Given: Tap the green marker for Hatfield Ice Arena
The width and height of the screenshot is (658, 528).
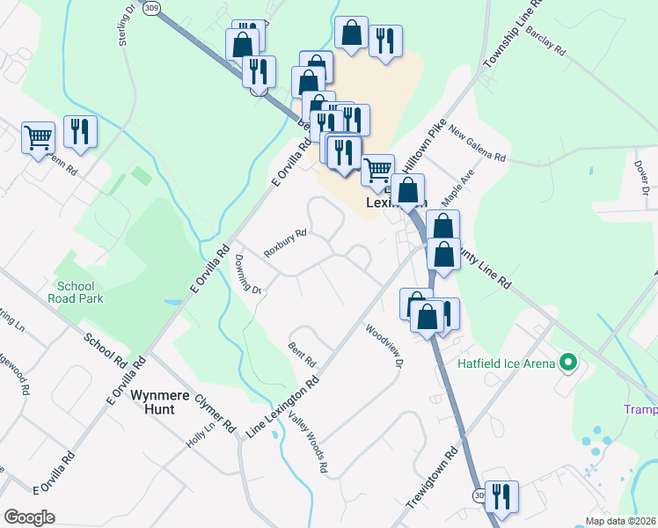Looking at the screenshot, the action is coord(567,363).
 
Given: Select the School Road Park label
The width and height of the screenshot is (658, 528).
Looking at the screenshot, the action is coord(80,292).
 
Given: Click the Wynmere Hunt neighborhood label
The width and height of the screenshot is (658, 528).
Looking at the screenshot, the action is coord(160,402).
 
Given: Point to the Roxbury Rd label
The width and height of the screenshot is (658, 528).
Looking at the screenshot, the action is coord(285,244).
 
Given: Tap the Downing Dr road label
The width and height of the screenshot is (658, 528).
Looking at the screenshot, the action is coord(248,274).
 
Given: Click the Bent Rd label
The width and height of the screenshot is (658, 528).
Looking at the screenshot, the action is coord(302,355).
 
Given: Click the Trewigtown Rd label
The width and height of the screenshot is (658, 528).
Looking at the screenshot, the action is coord(434,478).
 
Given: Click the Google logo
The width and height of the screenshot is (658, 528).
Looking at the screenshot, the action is coord(29,517).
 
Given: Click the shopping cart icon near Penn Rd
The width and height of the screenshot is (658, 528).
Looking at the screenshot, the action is coord(38,138).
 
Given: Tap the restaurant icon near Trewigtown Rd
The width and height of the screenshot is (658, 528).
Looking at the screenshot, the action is coord(501,496).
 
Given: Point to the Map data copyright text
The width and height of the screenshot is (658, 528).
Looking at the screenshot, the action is coord(621,521).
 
